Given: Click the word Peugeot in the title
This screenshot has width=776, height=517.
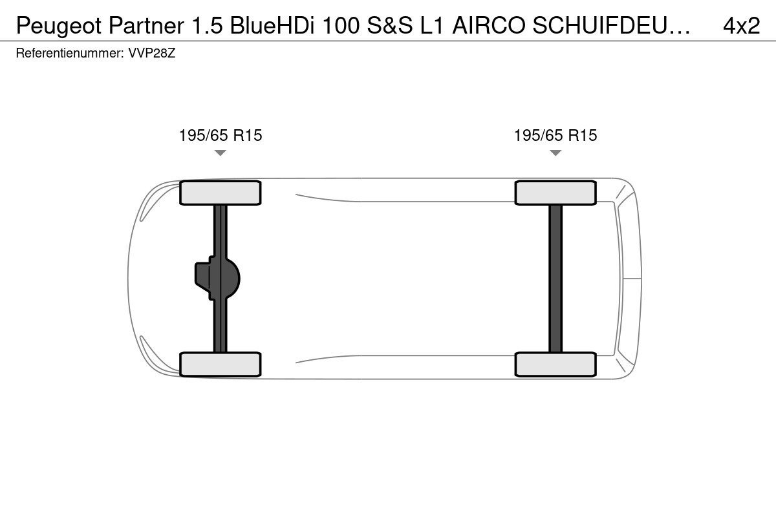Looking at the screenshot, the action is coord(59,26).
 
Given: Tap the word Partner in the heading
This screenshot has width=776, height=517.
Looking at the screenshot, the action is coord(146,25).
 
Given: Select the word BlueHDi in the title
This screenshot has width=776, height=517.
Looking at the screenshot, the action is coord(272,25).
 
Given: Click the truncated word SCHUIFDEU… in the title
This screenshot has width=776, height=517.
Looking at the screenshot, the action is coord(612,25).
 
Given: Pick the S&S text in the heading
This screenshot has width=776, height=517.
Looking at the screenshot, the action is coord(390,25).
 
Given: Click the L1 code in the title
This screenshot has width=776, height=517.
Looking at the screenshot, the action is coord(433,25).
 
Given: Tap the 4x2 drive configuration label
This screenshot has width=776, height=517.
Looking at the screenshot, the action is coord(741,25).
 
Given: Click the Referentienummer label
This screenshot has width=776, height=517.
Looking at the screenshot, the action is coord(70,53).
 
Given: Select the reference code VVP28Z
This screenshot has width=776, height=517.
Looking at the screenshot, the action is coord(152,53).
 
